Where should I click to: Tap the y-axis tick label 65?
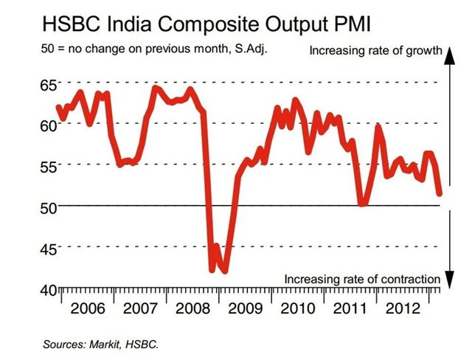(46, 86)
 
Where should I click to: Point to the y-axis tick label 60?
(46, 126)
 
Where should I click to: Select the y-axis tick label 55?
(46, 167)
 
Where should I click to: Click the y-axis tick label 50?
(46, 207)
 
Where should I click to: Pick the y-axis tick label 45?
(46, 249)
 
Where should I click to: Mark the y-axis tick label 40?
(46, 289)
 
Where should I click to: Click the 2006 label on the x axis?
(88, 307)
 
